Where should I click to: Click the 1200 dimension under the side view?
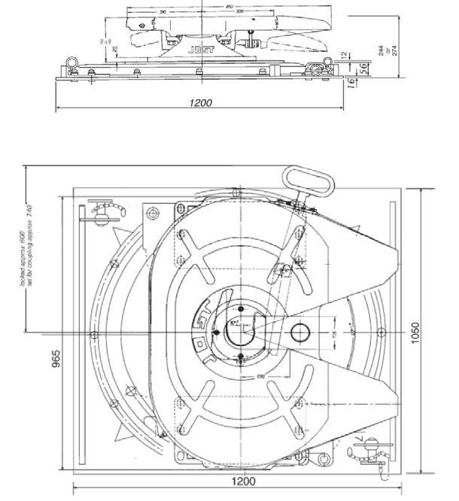[200, 102]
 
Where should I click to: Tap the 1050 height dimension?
[416, 330]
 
